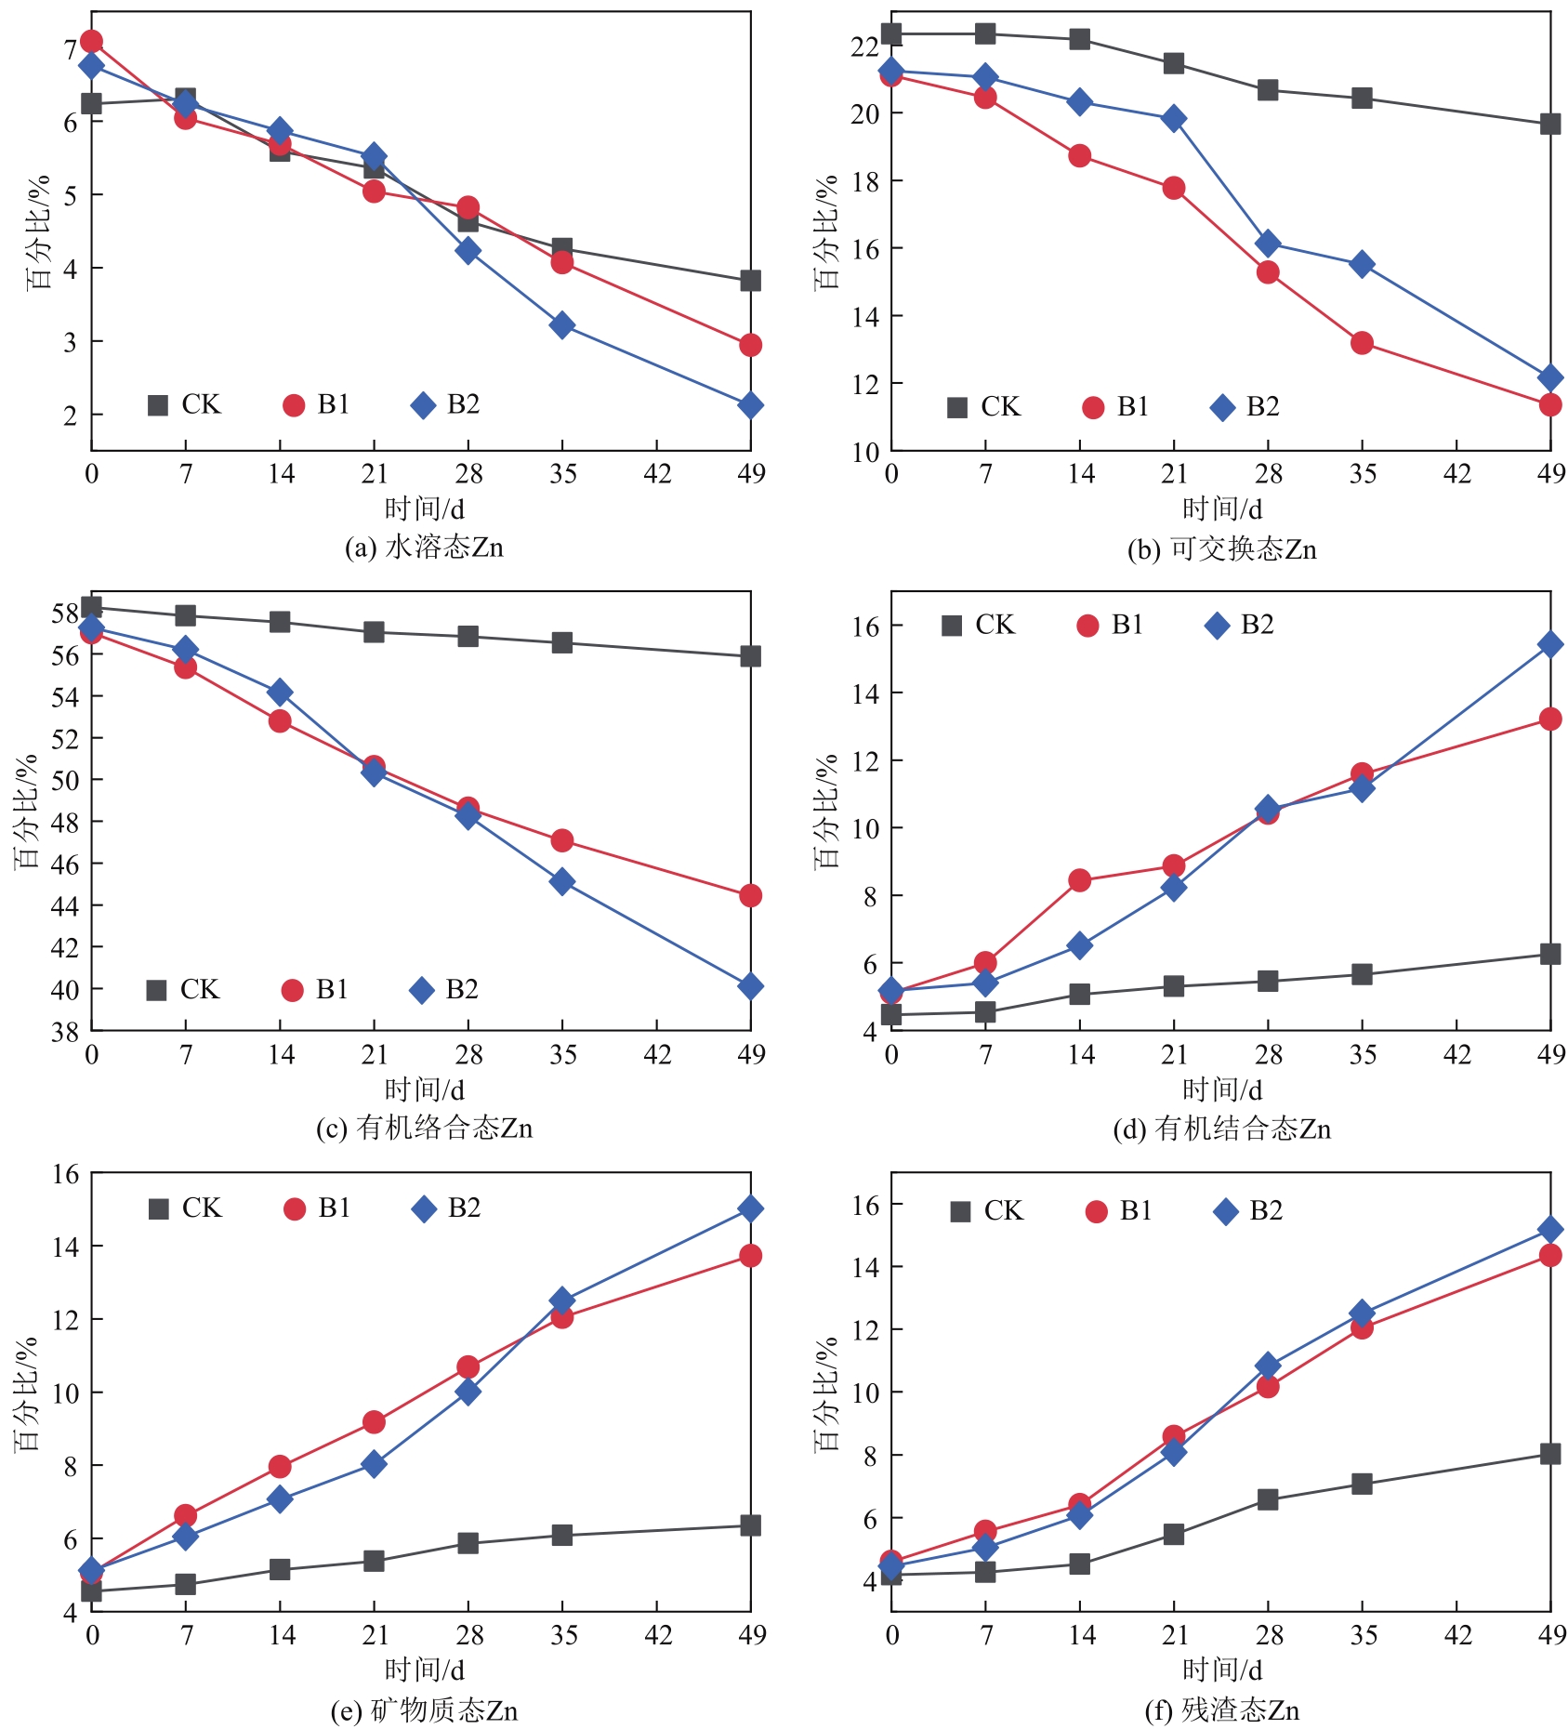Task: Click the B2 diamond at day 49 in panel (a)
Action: click(750, 405)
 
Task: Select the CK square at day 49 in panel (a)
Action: click(750, 281)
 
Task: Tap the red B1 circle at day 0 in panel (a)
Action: click(91, 41)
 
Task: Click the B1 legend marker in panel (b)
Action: click(1093, 407)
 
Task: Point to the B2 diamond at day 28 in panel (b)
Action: click(1268, 244)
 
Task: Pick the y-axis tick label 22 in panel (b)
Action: click(864, 46)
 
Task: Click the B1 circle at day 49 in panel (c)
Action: click(750, 895)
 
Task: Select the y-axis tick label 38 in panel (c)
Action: click(65, 1031)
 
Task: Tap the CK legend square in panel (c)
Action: click(157, 990)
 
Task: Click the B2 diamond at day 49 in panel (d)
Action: click(1549, 644)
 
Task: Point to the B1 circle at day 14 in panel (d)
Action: click(1079, 880)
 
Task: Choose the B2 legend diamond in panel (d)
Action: click(1217, 626)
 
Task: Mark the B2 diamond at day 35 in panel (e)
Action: click(561, 1300)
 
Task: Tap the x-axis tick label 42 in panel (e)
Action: click(657, 1635)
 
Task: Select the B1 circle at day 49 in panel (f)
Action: click(1549, 1255)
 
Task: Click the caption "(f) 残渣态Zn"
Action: click(1221, 1709)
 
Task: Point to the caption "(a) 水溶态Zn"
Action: click(424, 548)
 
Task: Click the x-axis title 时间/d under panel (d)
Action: click(1221, 1089)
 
